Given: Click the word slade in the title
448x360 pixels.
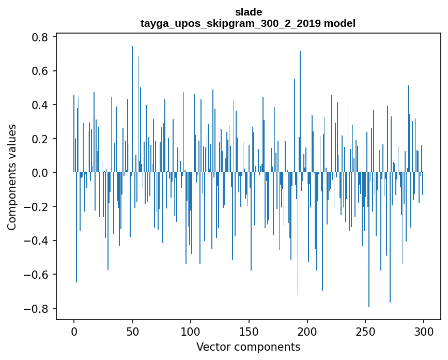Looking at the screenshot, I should coord(248,12).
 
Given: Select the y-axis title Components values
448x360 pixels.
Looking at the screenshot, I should coord(12,177).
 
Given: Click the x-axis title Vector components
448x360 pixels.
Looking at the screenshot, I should coord(248,347).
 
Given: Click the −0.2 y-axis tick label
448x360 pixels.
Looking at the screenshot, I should coord(37,207).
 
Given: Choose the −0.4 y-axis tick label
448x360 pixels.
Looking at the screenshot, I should coord(37,241).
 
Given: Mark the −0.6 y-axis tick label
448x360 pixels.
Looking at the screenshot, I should coord(37,275).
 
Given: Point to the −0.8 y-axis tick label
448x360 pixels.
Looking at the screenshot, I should coord(37,308).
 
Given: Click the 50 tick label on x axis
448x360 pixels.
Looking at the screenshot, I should coord(132,331).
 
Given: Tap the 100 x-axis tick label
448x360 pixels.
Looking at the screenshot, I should coord(191,331).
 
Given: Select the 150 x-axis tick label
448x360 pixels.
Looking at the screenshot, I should coord(249,331).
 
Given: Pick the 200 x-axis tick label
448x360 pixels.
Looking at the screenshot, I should coord(307,331).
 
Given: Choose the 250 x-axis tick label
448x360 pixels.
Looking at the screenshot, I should coord(366,331).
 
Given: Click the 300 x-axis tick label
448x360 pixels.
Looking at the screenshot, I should coord(424,331).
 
